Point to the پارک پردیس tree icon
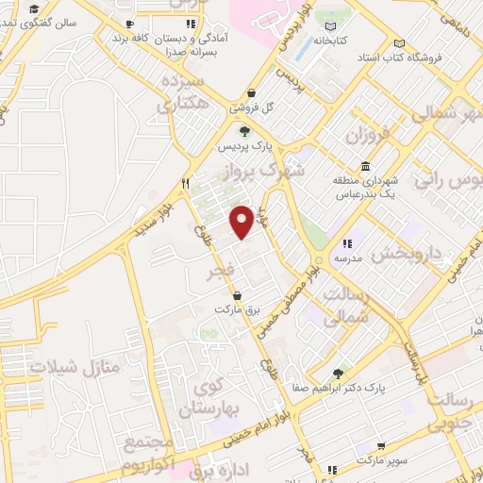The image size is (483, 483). pos(245,132)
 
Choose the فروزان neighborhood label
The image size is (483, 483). pos(367,137)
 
